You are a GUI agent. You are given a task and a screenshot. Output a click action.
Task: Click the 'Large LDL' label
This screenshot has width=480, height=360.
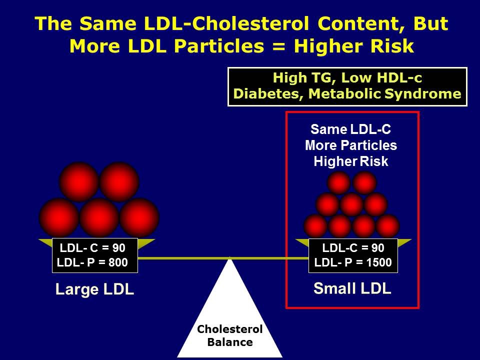[94, 290]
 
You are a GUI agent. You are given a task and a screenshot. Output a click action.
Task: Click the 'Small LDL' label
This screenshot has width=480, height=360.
[352, 288]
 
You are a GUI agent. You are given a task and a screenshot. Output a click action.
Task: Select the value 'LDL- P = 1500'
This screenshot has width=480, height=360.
[353, 262]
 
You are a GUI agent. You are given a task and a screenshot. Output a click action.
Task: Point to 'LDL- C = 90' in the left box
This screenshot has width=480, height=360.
[92, 247]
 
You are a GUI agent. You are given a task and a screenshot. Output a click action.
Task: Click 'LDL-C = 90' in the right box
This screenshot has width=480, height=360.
[353, 247]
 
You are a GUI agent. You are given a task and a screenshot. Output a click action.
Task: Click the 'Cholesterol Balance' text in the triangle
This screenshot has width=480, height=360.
[230, 335]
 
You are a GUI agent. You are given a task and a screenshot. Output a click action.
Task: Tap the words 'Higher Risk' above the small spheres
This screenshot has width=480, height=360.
[351, 161]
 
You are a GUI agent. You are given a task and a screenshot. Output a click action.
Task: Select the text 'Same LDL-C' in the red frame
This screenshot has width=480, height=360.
[351, 129]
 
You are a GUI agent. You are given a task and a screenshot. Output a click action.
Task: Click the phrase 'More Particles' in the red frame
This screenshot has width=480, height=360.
[351, 145]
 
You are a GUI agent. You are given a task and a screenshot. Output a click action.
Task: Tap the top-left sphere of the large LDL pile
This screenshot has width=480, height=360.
[79, 181]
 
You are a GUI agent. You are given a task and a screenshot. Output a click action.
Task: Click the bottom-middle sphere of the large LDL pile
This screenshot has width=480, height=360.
[99, 217]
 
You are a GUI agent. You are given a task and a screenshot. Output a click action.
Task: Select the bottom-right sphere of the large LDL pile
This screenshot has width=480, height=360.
[139, 217]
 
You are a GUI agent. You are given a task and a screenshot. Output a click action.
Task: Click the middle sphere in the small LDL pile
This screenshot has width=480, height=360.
[351, 204]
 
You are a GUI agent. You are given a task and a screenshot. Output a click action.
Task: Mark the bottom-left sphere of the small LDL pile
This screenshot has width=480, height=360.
[315, 226]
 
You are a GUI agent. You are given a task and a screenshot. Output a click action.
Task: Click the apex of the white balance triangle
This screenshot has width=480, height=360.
[230, 257]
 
